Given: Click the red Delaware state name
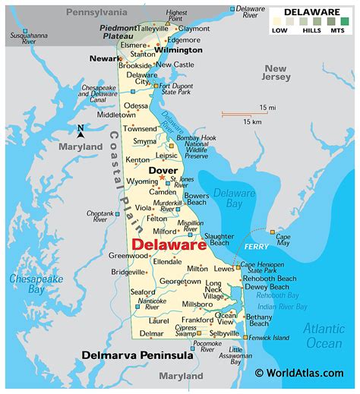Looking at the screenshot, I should (x=169, y=245).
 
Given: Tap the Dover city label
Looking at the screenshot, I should (x=163, y=171).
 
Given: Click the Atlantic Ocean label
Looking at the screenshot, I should (x=323, y=335).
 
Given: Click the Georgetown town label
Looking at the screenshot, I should (x=180, y=281).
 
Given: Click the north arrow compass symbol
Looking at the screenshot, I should (x=81, y=132).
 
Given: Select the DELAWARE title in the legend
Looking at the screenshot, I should (x=311, y=11).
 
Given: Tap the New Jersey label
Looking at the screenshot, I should (x=278, y=71).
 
